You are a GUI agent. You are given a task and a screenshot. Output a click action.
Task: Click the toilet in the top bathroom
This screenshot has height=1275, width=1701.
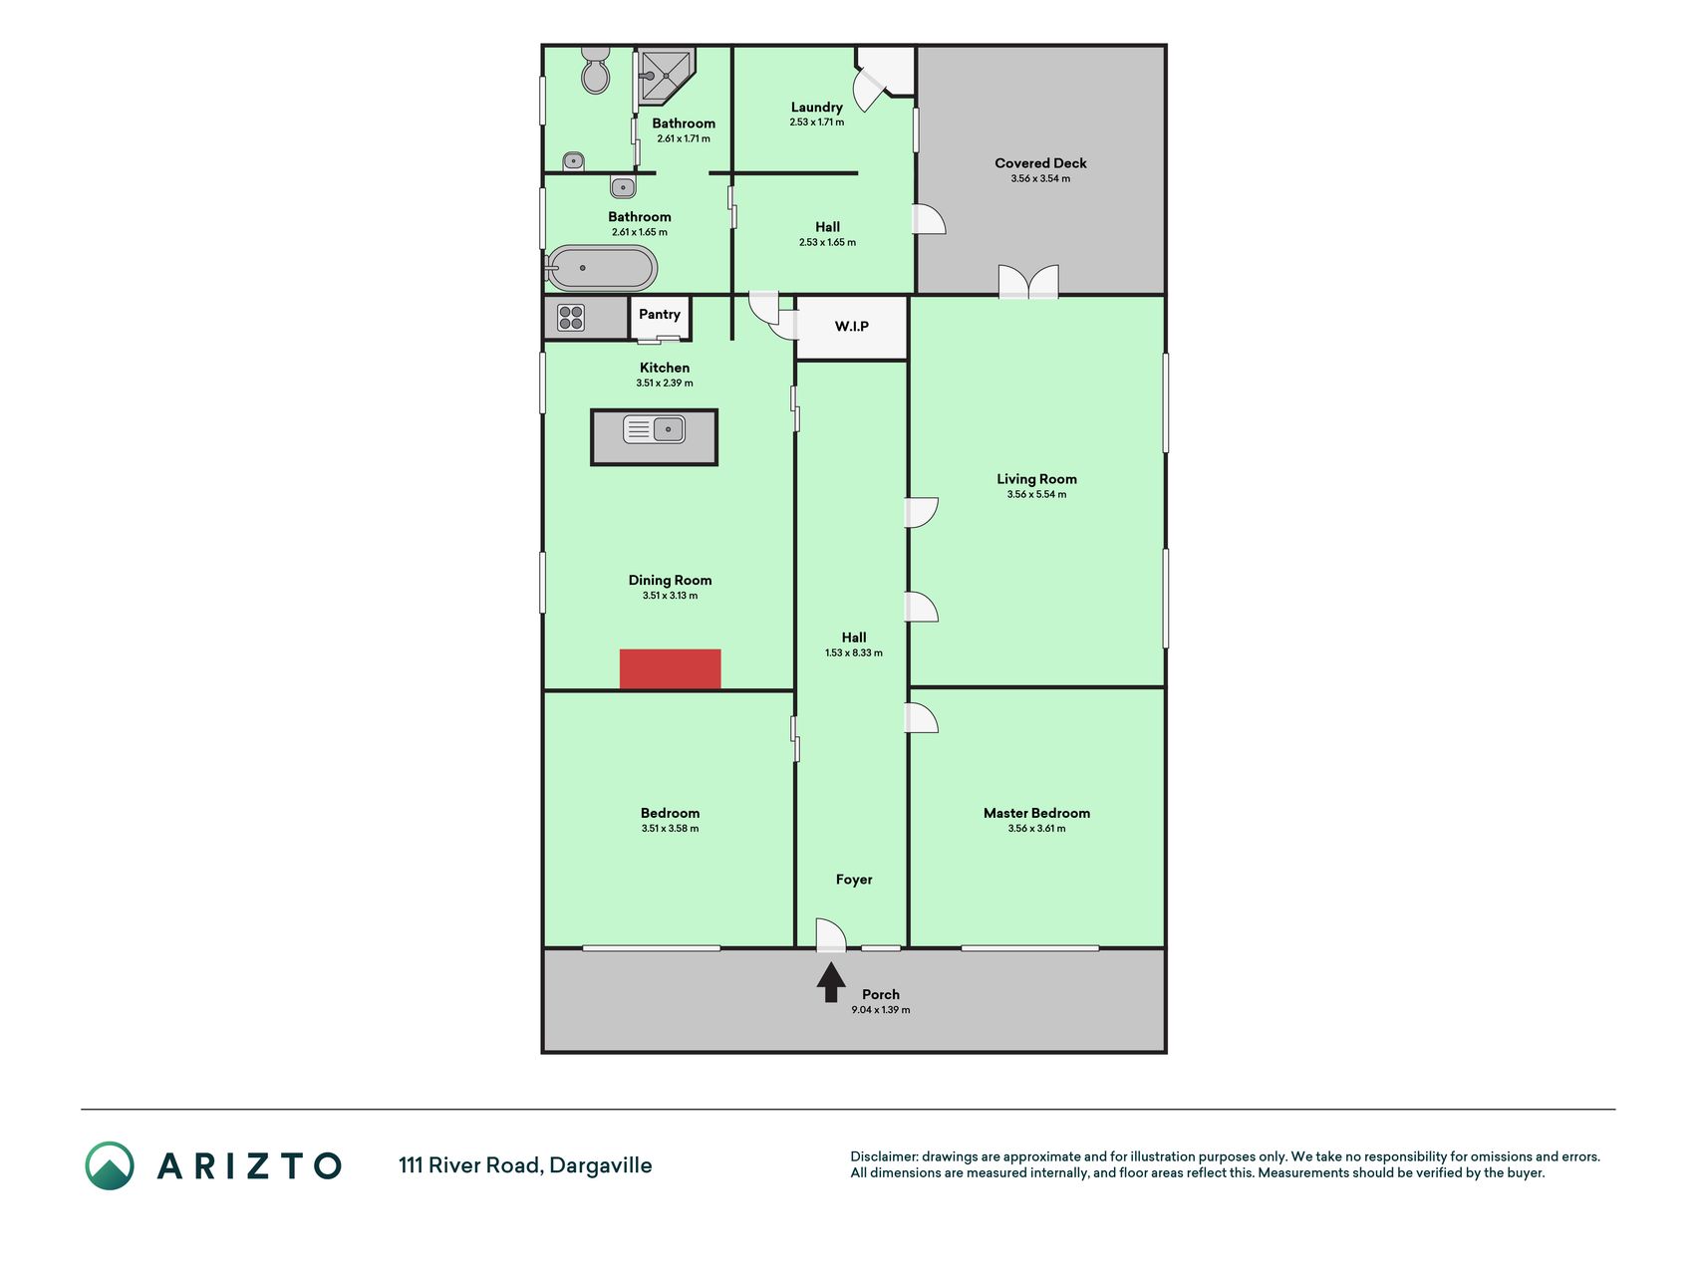tap(595, 69)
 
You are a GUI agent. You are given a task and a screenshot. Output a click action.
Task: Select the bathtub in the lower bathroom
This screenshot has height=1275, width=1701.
tap(601, 268)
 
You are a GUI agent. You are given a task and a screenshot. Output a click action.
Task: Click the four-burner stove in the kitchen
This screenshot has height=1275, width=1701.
tap(571, 318)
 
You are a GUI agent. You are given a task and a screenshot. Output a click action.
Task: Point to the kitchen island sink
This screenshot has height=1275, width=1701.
tap(654, 430)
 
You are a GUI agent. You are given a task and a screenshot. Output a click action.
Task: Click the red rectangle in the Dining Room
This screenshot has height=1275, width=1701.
tap(670, 669)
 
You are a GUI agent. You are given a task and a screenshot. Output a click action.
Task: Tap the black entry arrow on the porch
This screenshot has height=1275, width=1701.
tap(831, 983)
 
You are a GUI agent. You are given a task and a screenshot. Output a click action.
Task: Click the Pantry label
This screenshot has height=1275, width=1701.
tap(660, 315)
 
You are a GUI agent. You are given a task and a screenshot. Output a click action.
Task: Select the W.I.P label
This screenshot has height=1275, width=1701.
tap(852, 327)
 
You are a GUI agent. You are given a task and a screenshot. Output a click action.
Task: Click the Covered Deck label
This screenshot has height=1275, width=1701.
tap(1040, 163)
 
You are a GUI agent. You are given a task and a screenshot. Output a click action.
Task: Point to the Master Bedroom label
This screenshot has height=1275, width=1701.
tap(1036, 813)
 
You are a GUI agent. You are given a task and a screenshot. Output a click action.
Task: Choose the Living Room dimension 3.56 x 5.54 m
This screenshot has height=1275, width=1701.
tap(1036, 495)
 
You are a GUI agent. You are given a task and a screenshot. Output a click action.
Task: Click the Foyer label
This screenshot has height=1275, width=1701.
tap(854, 880)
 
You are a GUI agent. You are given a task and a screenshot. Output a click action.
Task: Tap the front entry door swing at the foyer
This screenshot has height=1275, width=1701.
tap(831, 934)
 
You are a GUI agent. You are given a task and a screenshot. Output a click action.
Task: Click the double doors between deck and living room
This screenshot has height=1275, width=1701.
tap(1028, 281)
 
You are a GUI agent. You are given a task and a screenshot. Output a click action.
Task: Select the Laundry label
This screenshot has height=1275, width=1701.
tap(817, 108)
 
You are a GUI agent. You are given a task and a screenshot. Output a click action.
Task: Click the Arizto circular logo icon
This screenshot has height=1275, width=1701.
tap(110, 1165)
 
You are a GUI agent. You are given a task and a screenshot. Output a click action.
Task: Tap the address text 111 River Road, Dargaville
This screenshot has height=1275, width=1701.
tap(525, 1165)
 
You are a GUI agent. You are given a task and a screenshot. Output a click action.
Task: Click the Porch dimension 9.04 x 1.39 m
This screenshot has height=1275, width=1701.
tap(881, 1010)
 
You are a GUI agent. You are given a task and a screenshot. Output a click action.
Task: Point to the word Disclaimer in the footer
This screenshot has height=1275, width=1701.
tap(883, 1156)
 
